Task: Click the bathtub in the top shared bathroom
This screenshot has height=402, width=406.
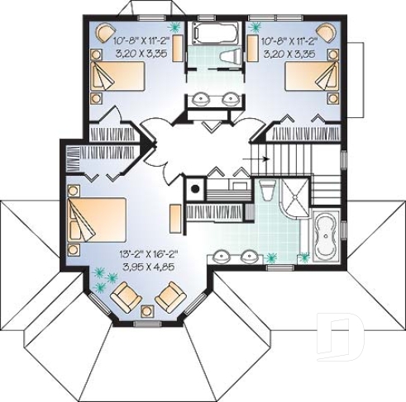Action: click(215, 34)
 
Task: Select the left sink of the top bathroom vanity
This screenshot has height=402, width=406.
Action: click(201, 101)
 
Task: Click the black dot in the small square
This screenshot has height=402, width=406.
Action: click(195, 187)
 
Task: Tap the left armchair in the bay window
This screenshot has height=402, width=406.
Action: click(127, 294)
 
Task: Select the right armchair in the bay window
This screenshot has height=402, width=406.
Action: click(170, 294)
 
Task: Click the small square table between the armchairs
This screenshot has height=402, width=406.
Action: click(148, 310)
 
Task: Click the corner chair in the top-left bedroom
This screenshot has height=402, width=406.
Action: click(105, 33)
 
